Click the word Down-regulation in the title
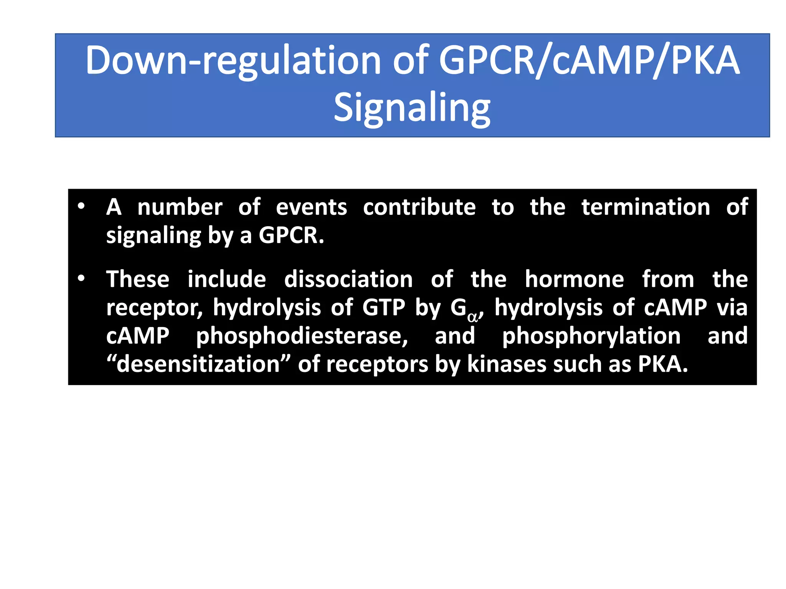tap(233, 61)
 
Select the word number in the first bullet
tap(180, 207)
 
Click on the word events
tap(311, 207)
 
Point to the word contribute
tap(419, 207)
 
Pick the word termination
tap(646, 207)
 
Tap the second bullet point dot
tap(81, 278)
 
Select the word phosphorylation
tap(591, 336)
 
